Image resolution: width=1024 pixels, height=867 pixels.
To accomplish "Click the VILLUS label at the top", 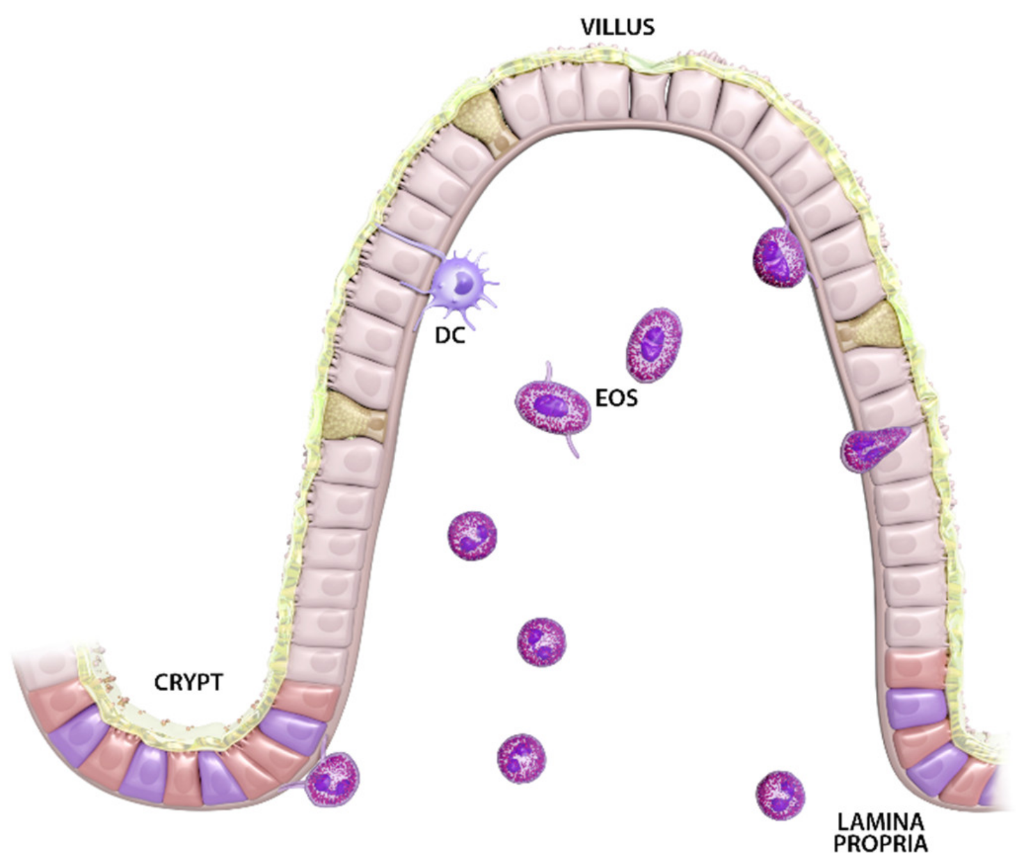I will pyautogui.click(x=618, y=27).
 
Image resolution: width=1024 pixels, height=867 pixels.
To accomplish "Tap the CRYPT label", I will pyautogui.click(x=188, y=683).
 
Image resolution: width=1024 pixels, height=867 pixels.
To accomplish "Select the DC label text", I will pyautogui.click(x=449, y=335).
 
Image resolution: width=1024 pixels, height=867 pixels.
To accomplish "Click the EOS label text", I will pyautogui.click(x=616, y=398).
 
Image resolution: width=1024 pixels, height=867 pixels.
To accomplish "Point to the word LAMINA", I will pyautogui.click(x=881, y=822).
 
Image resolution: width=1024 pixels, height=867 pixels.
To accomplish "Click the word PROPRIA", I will pyautogui.click(x=881, y=845).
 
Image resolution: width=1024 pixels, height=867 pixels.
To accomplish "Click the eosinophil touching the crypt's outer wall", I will pyautogui.click(x=333, y=779).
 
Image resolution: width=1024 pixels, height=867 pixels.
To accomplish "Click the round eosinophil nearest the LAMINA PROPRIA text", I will pyautogui.click(x=780, y=795).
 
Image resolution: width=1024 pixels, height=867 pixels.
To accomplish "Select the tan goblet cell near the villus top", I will pyautogui.click(x=487, y=123).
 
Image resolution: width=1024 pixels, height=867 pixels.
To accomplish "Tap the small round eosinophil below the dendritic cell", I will pyautogui.click(x=472, y=536).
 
